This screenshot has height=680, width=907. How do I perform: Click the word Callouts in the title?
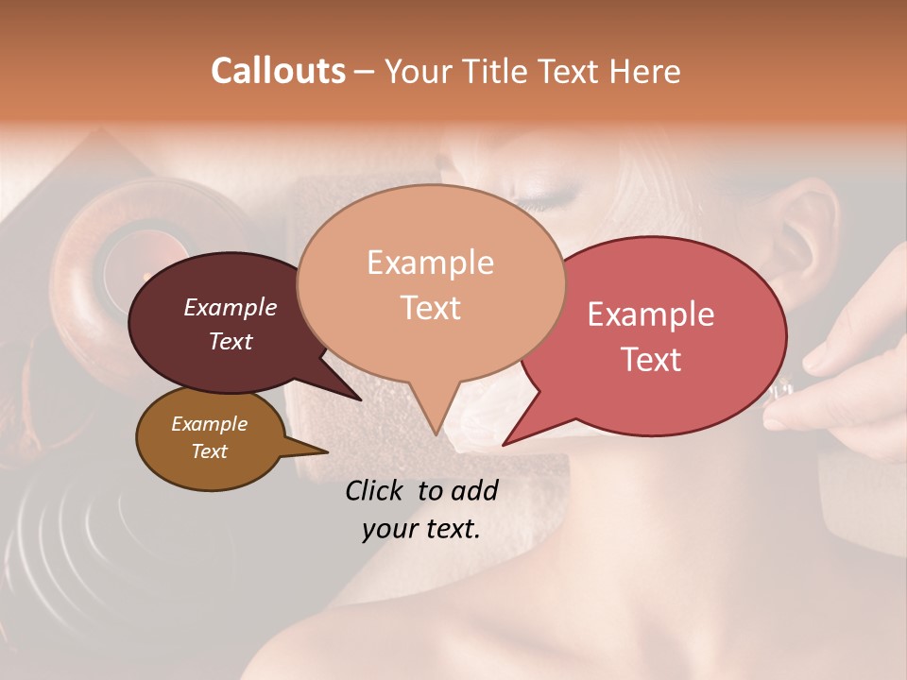[278, 71]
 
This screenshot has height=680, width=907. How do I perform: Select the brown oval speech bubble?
[210, 438]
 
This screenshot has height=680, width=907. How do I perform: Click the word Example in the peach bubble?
[430, 263]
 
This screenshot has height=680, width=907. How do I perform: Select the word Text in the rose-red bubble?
[651, 359]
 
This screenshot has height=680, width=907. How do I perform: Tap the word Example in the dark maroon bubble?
[231, 307]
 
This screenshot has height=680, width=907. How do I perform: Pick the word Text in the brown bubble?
[210, 451]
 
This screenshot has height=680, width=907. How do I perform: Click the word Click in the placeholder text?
[377, 490]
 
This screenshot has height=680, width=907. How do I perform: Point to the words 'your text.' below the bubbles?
[421, 529]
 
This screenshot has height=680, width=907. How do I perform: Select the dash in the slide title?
[365, 72]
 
